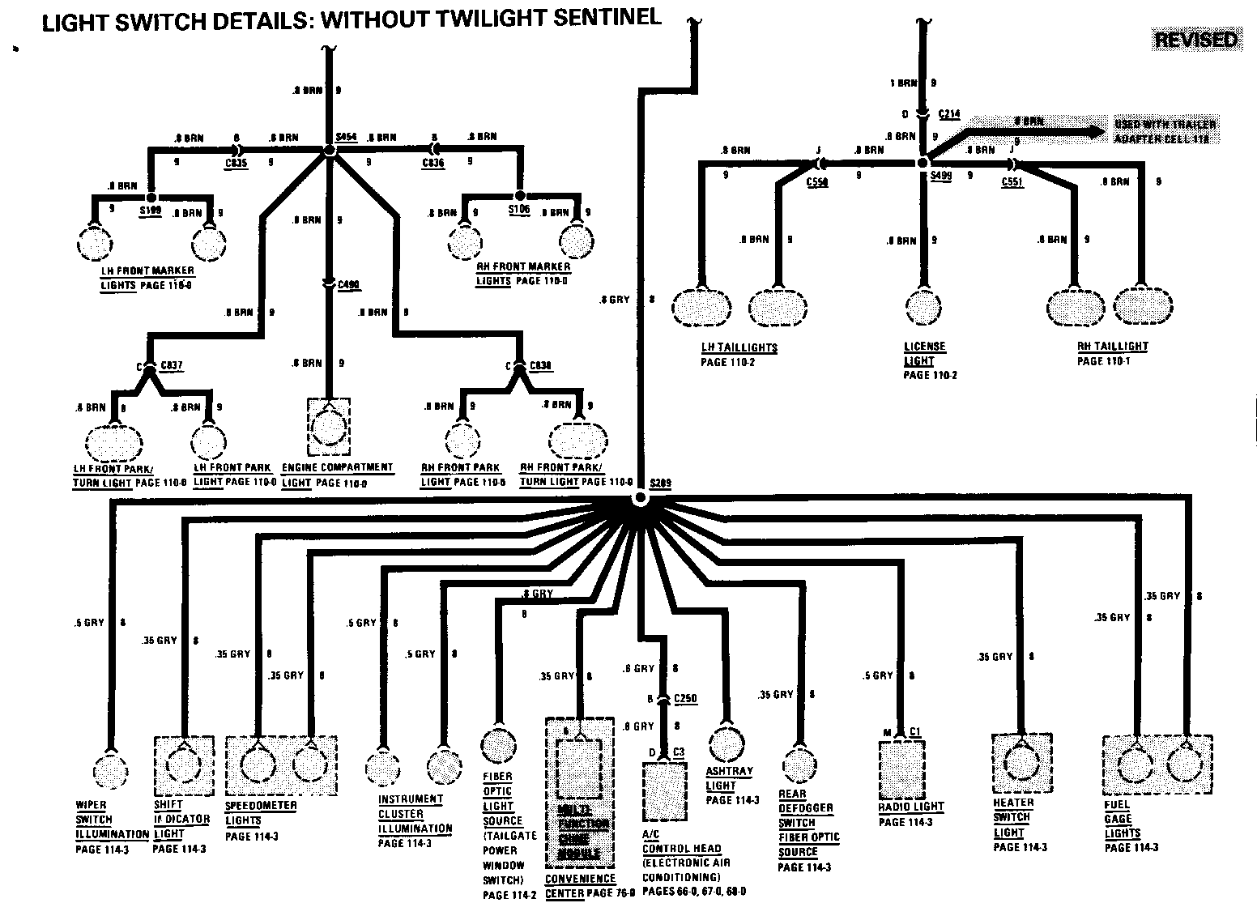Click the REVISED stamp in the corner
pos(1195,40)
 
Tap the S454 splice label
pos(346,137)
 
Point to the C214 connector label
pos(949,114)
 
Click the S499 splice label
pos(941,175)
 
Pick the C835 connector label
pos(236,163)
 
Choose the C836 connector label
pos(433,163)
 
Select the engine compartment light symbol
pos(329,426)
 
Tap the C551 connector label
pos(1012,182)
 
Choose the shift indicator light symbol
pos(184,762)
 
